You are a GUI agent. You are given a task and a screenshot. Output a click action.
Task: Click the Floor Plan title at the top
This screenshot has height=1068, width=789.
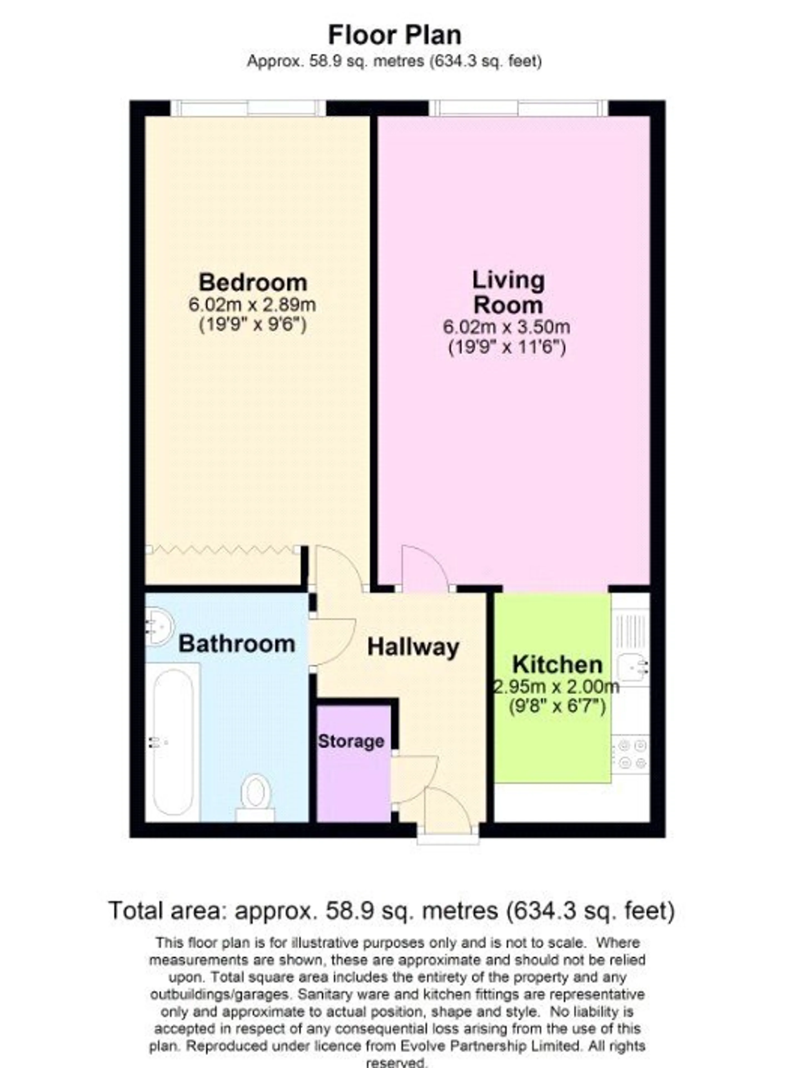395,35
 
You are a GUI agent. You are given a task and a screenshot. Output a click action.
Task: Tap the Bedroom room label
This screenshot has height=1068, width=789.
253,282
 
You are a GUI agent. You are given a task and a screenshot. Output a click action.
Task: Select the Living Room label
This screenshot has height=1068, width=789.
508,292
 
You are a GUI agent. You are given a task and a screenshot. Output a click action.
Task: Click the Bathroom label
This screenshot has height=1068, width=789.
237,644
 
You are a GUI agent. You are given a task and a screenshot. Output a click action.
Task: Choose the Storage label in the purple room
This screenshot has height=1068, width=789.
351,741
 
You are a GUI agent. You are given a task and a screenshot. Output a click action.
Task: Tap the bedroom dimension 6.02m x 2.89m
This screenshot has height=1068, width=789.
253,305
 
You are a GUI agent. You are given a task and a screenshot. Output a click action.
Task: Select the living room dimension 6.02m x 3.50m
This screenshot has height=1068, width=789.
507,327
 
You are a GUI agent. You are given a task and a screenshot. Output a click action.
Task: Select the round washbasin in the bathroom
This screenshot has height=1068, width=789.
159,626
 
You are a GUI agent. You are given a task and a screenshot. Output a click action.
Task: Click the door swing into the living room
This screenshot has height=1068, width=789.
425,567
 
